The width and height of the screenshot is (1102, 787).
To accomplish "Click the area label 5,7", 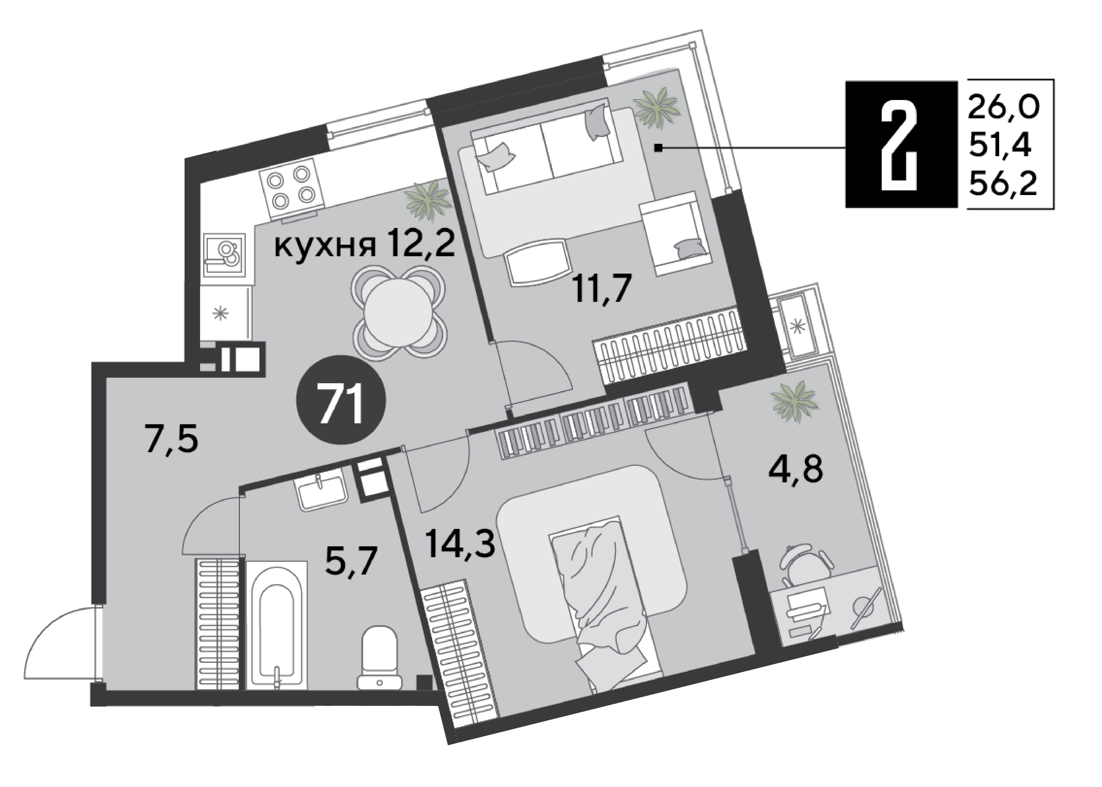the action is click(x=351, y=561).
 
